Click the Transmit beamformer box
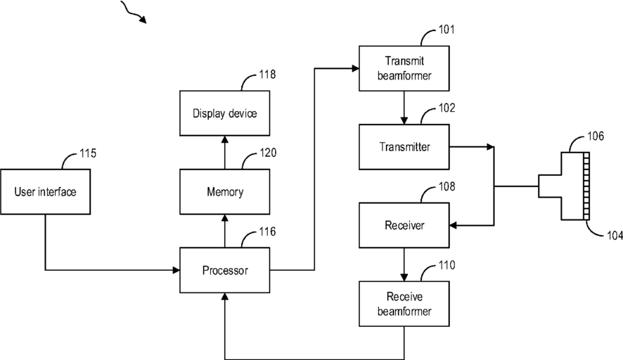[404, 68]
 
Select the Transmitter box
[404, 147]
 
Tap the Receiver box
[404, 225]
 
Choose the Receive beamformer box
[404, 304]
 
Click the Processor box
[225, 270]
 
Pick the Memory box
[225, 192]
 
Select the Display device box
[225, 113]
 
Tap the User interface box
[45, 192]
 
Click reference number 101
[447, 30]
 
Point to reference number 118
[267, 75]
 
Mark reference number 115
[88, 153]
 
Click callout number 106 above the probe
[596, 136]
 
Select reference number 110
[447, 266]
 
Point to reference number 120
[268, 153]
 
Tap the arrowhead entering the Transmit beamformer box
[356, 68]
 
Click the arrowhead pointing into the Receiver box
[453, 225]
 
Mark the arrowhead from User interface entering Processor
[176, 270]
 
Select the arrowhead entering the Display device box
[225, 139]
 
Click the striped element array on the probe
[586, 186]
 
